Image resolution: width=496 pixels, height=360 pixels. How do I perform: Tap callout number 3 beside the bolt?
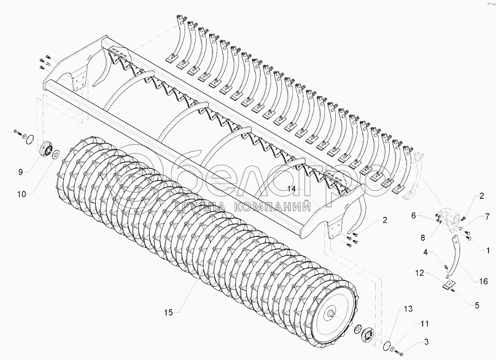pyautogui.click(x=426, y=342)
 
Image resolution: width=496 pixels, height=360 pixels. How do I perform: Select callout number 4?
pyautogui.click(x=426, y=252)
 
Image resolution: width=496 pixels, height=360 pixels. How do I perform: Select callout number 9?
pyautogui.click(x=20, y=172)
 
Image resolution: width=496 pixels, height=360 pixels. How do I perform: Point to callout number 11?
pyautogui.click(x=424, y=324)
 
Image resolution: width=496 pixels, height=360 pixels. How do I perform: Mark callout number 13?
pyautogui.click(x=408, y=310)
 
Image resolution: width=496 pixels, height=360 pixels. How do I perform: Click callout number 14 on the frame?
pyautogui.click(x=292, y=189)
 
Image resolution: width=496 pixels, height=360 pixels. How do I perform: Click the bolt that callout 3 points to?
pyautogui.click(x=399, y=354)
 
